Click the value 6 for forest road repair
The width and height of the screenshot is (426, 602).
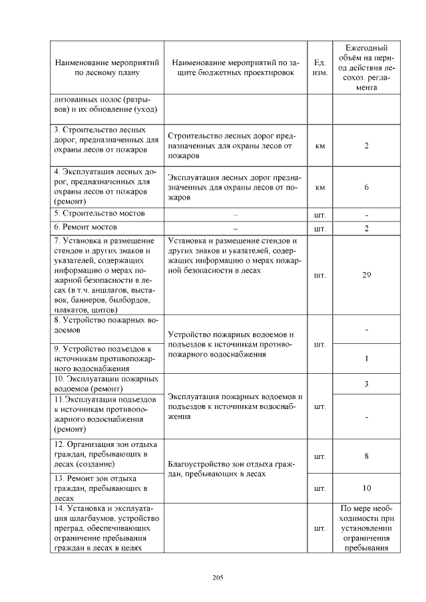click(x=367, y=188)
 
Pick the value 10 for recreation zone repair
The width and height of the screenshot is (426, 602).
click(x=367, y=488)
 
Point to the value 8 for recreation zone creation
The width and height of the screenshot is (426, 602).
click(x=367, y=456)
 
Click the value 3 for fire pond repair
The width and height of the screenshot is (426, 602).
click(x=367, y=384)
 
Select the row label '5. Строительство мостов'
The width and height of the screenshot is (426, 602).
click(x=100, y=214)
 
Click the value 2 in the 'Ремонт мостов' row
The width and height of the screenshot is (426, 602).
click(x=367, y=229)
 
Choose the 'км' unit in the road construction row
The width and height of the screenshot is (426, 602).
click(x=319, y=146)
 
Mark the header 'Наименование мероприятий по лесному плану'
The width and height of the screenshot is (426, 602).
click(x=106, y=67)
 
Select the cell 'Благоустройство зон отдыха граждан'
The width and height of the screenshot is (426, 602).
click(x=231, y=469)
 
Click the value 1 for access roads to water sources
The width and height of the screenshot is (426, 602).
click(x=367, y=359)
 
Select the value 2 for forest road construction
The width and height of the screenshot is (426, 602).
click(x=367, y=146)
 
